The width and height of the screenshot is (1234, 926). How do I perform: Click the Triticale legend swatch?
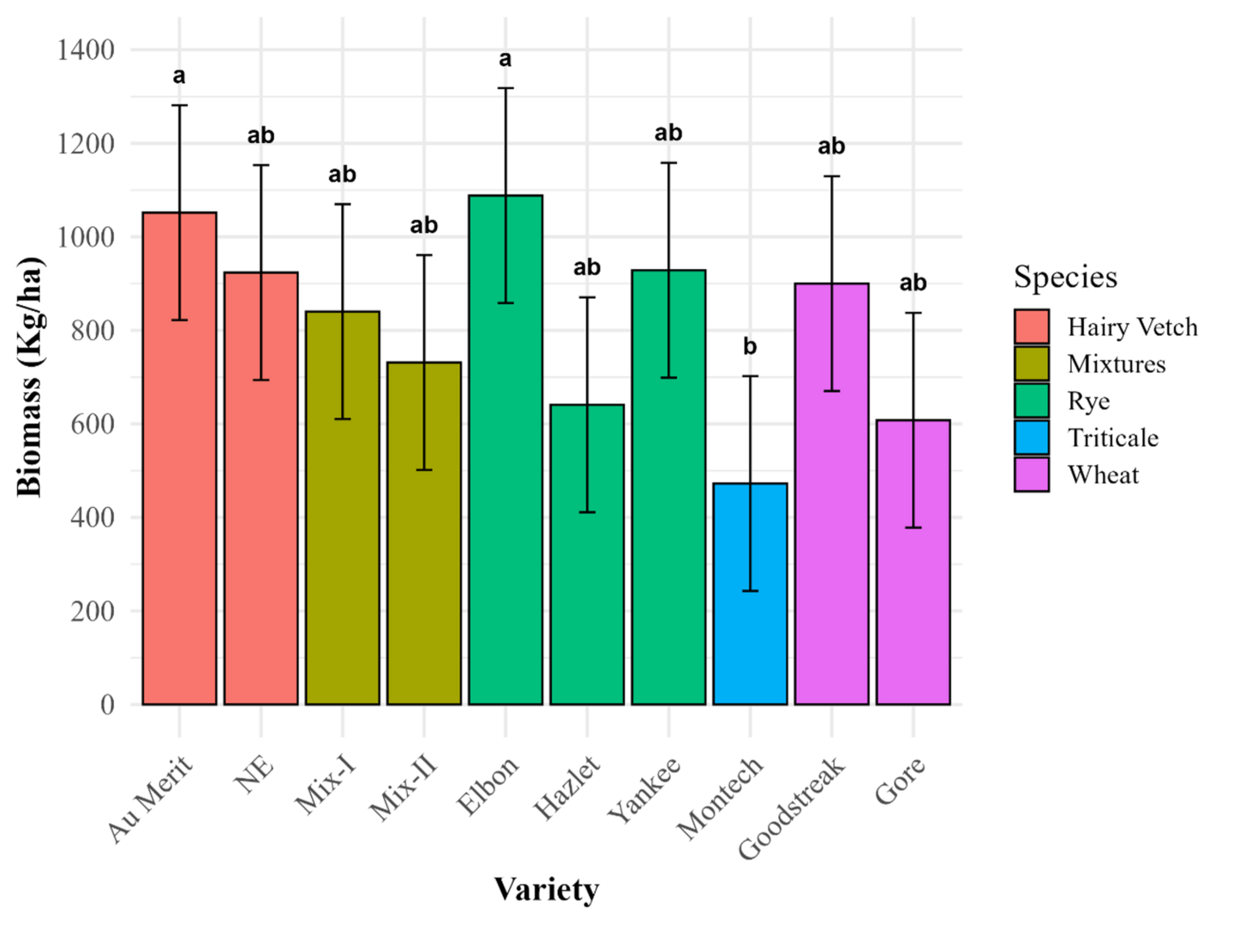pos(1031,438)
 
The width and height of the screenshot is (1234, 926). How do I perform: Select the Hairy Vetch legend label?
pos(1132,327)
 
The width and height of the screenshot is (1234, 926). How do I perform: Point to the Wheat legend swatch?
pos(1031,475)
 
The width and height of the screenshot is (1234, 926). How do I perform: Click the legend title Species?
pos(1065,278)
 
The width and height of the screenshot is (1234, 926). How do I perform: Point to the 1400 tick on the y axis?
pos(86,50)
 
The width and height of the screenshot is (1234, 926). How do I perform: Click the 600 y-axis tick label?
pos(93,424)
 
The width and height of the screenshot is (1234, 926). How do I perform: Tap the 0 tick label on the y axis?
pos(107,704)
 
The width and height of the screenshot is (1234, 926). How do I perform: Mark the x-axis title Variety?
pos(546,889)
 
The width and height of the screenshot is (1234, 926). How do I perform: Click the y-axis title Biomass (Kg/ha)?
pos(29,377)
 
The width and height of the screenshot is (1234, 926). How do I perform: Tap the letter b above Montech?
pos(750,347)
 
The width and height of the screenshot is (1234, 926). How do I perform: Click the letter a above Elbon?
pos(506,59)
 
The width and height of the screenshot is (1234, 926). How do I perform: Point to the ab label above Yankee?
pos(668,133)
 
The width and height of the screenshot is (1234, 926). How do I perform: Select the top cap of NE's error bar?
pos(261,165)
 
